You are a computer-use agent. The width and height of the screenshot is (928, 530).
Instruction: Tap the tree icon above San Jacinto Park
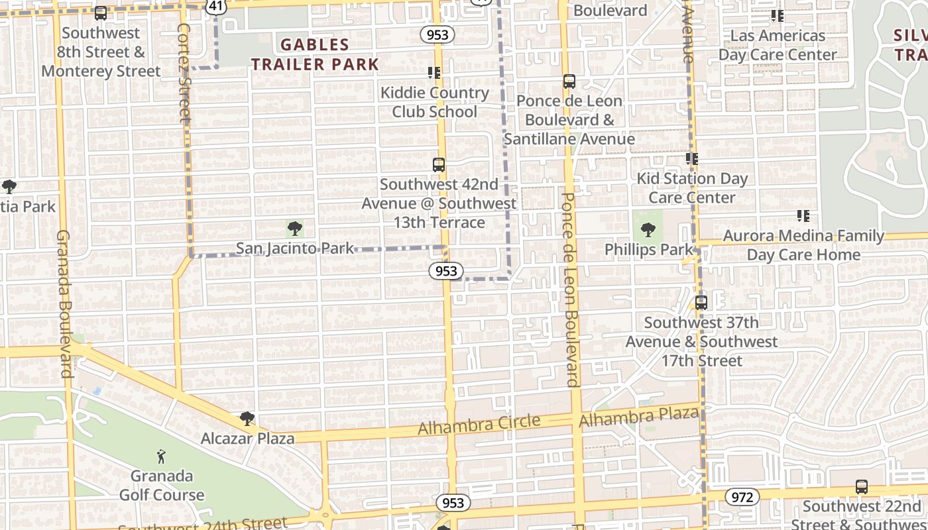point(295,229)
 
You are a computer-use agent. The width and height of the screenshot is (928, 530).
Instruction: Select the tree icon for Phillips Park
point(648,231)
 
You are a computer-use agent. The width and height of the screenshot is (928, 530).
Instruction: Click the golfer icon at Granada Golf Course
point(161,456)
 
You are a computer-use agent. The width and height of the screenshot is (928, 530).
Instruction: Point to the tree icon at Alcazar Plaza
point(247,419)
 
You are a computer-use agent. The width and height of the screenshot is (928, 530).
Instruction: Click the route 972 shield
point(742,497)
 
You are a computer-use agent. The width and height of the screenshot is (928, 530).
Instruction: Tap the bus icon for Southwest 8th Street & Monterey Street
point(101,13)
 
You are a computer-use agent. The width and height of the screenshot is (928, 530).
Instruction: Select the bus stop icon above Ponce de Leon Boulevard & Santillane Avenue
point(569,81)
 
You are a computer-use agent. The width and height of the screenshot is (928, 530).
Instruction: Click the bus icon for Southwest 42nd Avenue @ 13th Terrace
point(438,165)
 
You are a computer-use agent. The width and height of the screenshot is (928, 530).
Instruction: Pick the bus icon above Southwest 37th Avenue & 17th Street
point(701,303)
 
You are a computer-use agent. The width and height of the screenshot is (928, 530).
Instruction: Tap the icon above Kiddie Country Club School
point(434,73)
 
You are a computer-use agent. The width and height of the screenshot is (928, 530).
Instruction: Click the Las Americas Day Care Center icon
point(777,16)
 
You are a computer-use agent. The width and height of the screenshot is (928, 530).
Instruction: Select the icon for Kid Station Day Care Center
point(692,159)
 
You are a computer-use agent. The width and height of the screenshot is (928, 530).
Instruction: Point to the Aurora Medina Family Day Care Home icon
point(803,216)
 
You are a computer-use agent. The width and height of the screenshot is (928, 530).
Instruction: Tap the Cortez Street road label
point(185,73)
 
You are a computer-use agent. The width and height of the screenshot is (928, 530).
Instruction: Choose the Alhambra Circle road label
point(479,425)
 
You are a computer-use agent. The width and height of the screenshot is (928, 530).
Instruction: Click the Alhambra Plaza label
point(638,417)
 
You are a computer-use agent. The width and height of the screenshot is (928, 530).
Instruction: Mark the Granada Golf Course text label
point(162,485)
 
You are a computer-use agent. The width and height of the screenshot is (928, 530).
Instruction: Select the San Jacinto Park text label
point(295,248)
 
